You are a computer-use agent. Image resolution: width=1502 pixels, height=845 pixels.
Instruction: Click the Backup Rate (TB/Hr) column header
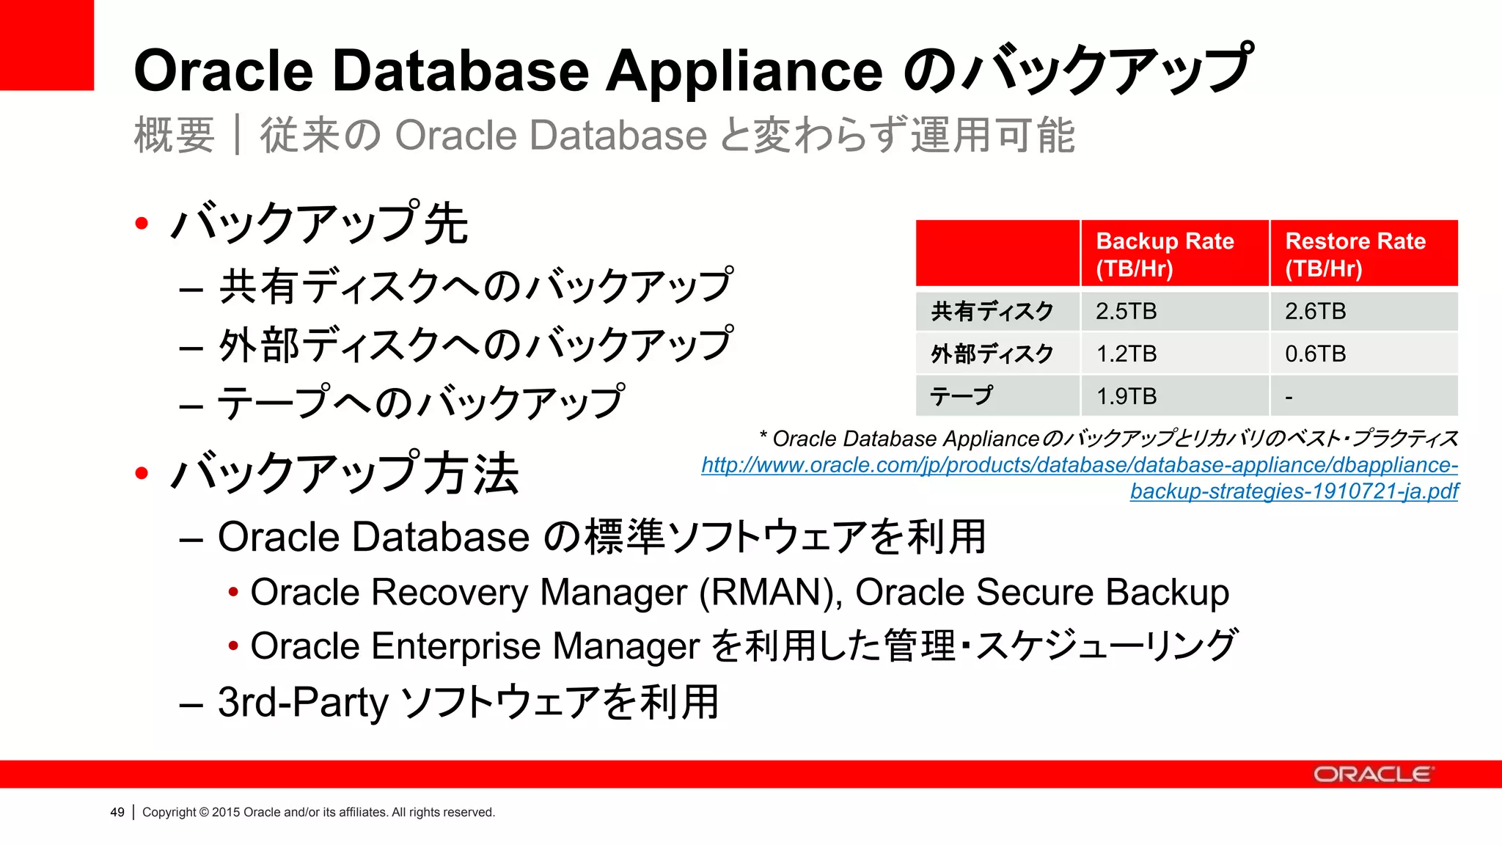click(1165, 254)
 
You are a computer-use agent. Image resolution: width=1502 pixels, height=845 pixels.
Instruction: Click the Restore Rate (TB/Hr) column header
click(1355, 254)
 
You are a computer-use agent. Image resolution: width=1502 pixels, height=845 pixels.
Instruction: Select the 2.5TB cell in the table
click(1126, 311)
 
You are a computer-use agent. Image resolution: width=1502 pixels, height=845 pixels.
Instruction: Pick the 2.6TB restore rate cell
click(1315, 311)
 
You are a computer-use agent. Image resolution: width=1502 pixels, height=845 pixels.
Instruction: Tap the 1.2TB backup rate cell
click(1126, 354)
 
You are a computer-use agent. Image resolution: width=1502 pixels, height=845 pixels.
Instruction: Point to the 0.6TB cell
click(1315, 354)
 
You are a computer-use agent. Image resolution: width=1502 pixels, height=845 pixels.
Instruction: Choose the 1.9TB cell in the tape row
click(1126, 396)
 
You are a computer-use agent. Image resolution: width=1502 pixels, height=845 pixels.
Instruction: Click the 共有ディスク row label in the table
click(992, 311)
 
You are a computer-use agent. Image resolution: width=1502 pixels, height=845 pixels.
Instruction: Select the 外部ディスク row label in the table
click(992, 354)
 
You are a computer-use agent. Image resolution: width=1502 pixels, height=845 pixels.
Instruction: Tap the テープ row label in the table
click(961, 396)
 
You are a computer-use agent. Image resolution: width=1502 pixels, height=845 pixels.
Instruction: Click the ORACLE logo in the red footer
click(1371, 775)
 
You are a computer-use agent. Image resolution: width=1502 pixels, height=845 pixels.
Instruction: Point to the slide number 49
click(117, 812)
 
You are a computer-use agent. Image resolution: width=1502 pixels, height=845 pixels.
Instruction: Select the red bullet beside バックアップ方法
click(142, 473)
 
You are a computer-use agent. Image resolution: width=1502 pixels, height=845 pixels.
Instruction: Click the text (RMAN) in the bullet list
click(771, 593)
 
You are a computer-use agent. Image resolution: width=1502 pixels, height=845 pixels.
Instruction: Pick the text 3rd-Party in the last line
click(303, 702)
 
